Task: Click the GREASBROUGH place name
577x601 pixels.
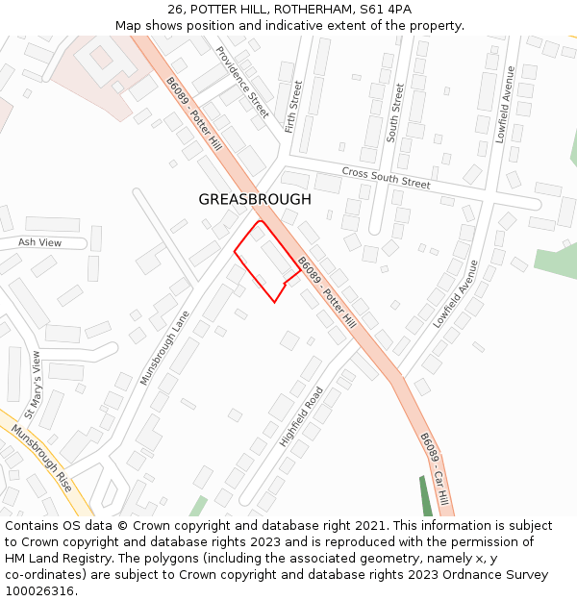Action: click(x=255, y=199)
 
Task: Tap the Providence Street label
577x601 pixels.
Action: click(x=242, y=75)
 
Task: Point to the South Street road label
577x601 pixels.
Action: click(x=395, y=113)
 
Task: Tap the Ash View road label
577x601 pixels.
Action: click(x=39, y=242)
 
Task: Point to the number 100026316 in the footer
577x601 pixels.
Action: click(x=39, y=590)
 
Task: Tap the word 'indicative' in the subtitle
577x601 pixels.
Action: click(x=294, y=25)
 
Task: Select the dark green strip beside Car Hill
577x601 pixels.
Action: click(x=427, y=494)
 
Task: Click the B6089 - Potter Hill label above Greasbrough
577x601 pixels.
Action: click(x=193, y=114)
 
